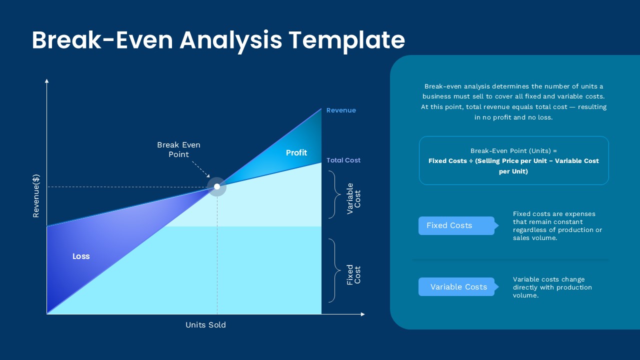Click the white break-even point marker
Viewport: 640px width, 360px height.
click(217, 186)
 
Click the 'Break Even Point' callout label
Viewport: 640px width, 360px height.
click(178, 149)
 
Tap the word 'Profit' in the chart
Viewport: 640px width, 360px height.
click(296, 152)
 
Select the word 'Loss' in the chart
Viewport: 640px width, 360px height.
click(81, 256)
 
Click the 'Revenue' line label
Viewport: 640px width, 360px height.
click(341, 110)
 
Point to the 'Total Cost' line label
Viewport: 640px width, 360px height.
click(343, 160)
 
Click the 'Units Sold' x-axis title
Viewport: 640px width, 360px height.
click(205, 324)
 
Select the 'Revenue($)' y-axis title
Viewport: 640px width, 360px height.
click(36, 195)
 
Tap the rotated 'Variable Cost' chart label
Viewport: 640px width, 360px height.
click(353, 198)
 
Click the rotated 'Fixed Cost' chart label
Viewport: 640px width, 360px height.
click(353, 274)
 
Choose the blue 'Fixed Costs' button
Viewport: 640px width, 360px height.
click(456, 225)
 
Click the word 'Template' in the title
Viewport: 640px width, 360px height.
click(347, 40)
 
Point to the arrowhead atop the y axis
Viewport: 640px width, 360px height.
click(47, 80)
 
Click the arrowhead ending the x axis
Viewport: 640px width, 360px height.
click(362, 314)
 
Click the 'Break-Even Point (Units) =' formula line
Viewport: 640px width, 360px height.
click(513, 150)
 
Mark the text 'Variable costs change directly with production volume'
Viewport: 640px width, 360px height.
click(552, 287)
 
